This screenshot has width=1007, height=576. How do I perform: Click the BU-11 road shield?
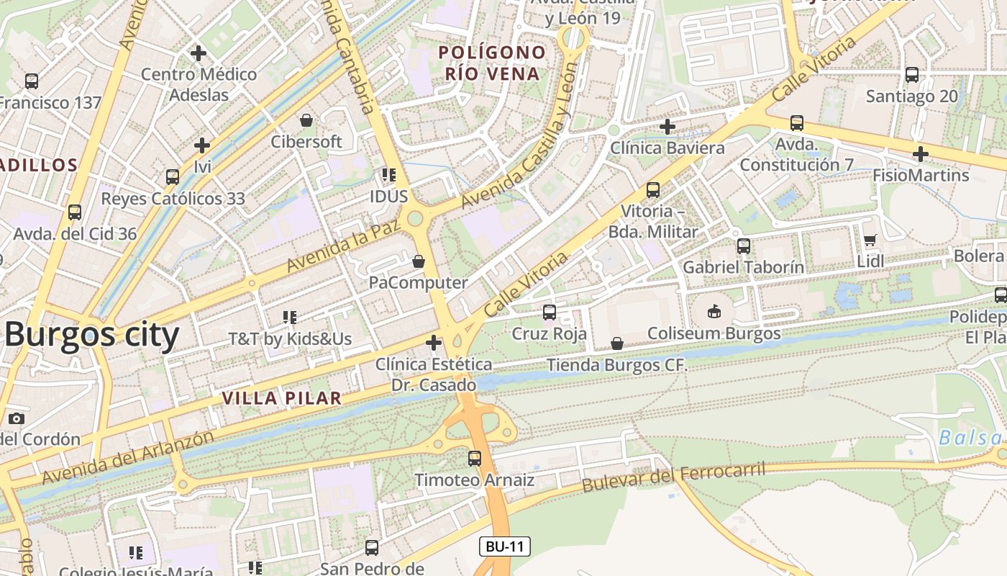(505, 546)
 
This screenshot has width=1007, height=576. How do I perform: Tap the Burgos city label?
(91, 336)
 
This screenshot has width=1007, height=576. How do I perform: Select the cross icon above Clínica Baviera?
(667, 127)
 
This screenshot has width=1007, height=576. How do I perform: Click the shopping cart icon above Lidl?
(870, 240)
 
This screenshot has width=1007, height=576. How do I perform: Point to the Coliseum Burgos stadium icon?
(714, 312)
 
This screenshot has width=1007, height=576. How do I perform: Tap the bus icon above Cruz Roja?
(550, 312)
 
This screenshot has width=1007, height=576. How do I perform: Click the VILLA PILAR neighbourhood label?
(281, 398)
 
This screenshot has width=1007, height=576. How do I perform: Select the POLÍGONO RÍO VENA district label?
(492, 63)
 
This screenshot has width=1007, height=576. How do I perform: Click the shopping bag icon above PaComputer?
(419, 261)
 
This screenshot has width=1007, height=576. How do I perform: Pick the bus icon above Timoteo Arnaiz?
(475, 458)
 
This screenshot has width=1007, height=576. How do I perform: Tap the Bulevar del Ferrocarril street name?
(673, 477)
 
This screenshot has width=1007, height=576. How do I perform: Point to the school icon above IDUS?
(389, 175)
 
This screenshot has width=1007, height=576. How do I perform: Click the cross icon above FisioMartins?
(921, 154)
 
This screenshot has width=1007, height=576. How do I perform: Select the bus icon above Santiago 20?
(912, 75)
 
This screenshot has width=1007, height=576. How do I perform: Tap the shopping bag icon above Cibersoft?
(306, 120)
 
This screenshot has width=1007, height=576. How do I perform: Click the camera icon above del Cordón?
(16, 418)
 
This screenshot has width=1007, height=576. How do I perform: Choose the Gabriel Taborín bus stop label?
(743, 267)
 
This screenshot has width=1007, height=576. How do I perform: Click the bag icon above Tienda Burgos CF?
(617, 343)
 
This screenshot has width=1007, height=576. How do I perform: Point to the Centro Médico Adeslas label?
(199, 84)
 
